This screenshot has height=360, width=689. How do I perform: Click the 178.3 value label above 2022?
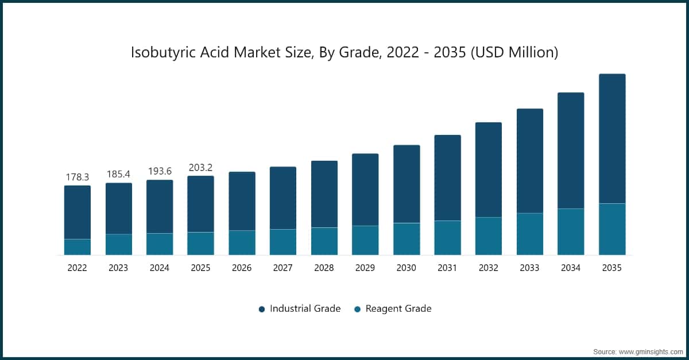pos(77,177)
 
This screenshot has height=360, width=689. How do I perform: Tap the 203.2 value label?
pos(200,167)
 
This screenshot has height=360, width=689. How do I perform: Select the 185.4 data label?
pos(118,174)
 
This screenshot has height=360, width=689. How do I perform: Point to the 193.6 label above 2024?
pos(160,171)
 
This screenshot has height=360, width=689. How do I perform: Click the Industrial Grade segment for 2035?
pos(612,138)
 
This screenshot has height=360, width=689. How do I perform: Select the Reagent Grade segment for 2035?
pos(612,229)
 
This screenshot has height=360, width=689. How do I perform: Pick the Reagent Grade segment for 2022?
pos(77,247)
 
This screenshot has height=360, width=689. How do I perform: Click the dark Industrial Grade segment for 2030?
pos(407,184)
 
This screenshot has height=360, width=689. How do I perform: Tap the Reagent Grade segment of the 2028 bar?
pos(324,241)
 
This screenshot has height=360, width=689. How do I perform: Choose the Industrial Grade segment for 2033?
pos(530,161)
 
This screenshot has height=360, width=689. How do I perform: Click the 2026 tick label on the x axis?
pos(242,268)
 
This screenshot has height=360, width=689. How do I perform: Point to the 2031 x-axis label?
pos(447,268)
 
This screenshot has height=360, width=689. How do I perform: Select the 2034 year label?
pos(571,268)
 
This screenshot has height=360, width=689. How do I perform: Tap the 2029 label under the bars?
pos(365,268)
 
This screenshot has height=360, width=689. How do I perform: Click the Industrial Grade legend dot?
pos(262,309)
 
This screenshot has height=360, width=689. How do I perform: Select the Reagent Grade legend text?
pos(398,308)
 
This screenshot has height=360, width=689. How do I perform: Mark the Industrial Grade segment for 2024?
pos(160,207)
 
